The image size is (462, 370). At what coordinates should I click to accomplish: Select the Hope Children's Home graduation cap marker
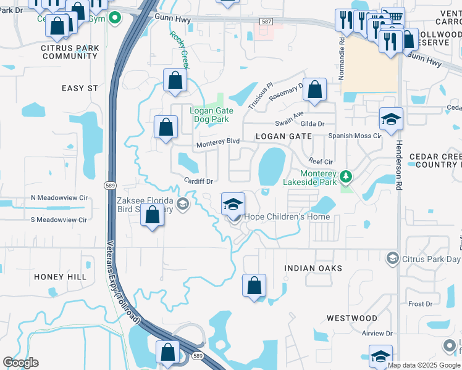click(233, 204)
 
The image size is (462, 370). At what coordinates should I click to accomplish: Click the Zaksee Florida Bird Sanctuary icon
click(182, 203)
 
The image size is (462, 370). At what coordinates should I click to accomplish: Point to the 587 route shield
click(266, 21)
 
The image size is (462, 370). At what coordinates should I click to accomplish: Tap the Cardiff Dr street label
click(198, 181)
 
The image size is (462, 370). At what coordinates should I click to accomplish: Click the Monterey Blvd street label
click(217, 142)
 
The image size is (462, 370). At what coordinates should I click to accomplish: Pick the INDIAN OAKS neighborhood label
click(313, 268)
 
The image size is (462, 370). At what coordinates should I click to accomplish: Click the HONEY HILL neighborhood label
click(60, 277)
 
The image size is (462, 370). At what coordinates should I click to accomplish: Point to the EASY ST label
click(80, 88)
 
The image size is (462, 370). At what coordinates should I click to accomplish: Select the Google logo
click(20, 363)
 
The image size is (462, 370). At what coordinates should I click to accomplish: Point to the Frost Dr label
click(420, 304)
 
